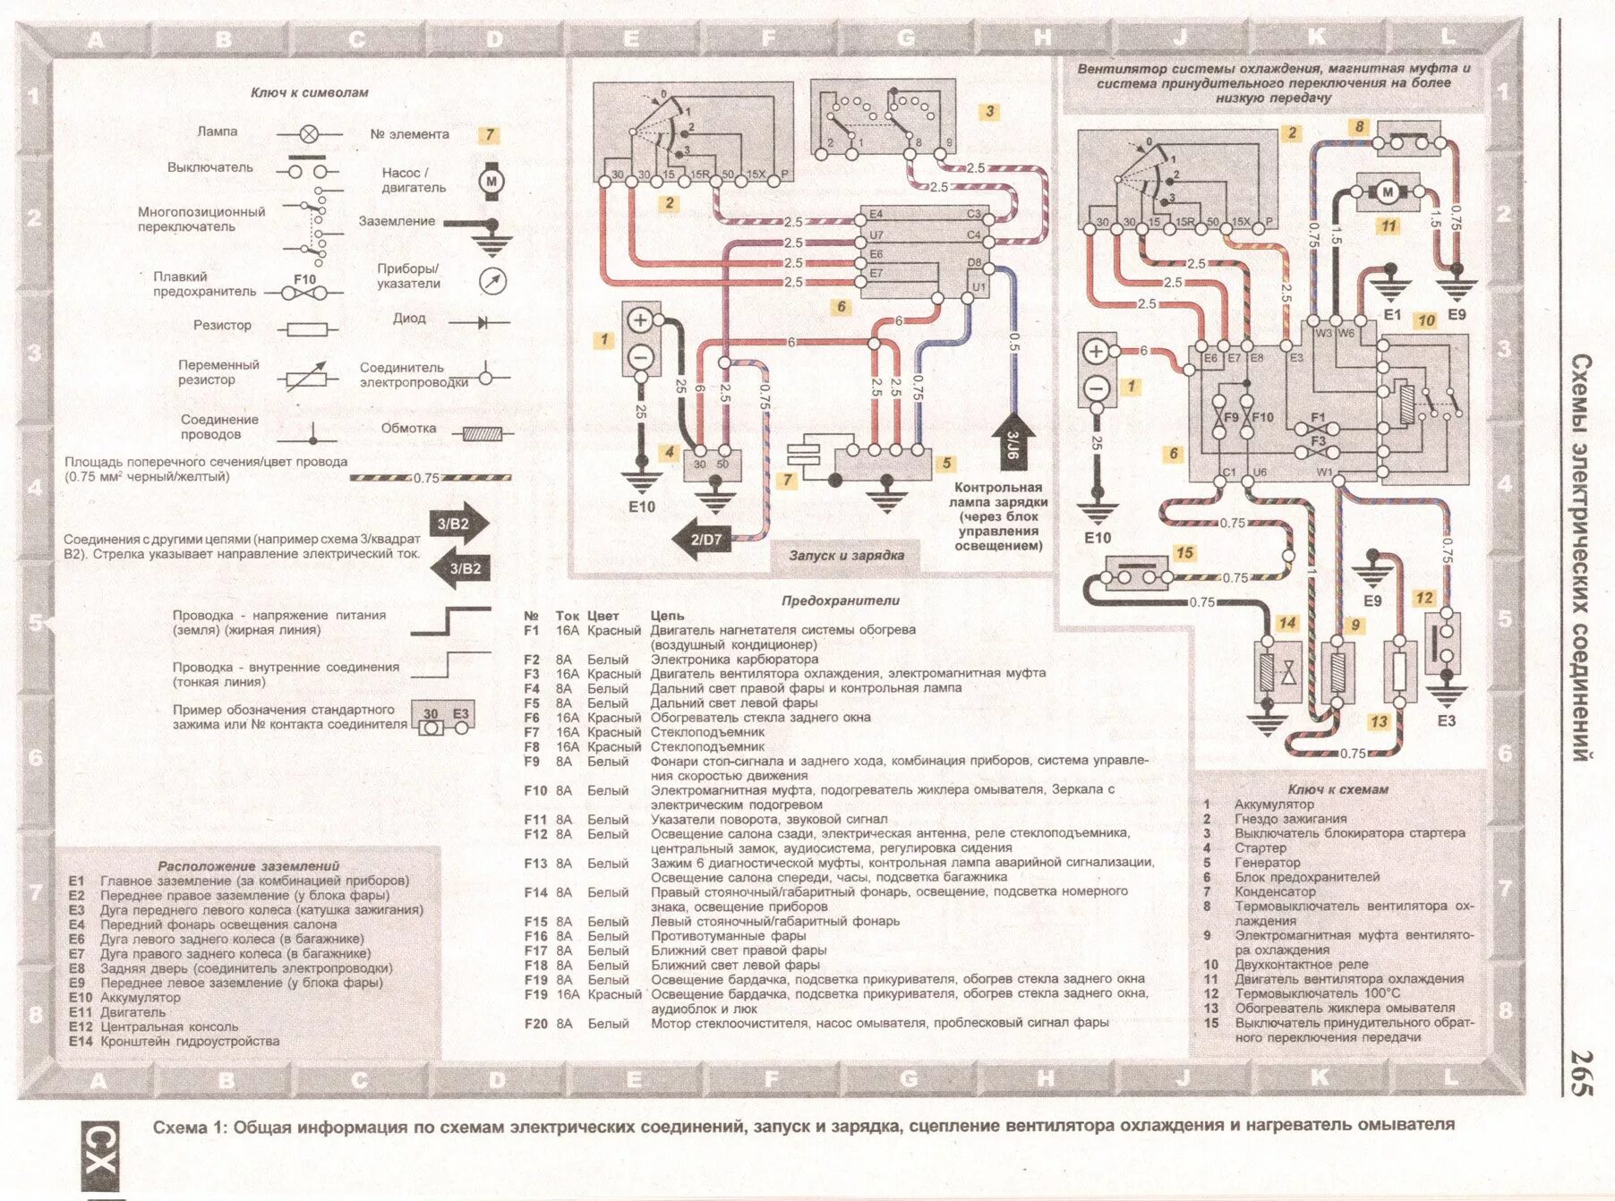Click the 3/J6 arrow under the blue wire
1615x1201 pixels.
click(1013, 441)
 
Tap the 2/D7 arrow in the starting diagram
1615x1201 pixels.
click(699, 540)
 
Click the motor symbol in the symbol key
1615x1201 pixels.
click(491, 180)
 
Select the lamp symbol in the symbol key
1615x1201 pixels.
click(308, 134)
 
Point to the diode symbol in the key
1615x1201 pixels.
click(483, 321)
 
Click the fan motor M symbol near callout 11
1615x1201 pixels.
click(1387, 192)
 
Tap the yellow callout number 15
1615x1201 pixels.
click(1184, 553)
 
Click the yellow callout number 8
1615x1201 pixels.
click(1359, 127)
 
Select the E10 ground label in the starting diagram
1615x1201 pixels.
click(642, 507)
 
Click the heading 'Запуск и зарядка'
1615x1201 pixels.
click(846, 555)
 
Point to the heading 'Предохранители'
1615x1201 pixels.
click(840, 600)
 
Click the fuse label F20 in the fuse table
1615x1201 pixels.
click(535, 1023)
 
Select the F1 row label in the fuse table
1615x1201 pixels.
click(532, 630)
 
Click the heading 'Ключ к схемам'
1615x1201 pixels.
click(1337, 789)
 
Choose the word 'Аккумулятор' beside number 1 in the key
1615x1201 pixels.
click(1274, 805)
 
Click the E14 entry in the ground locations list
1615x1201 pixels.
click(81, 1042)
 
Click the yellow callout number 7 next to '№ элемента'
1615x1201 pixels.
click(489, 135)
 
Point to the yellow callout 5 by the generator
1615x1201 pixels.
click(945, 464)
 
